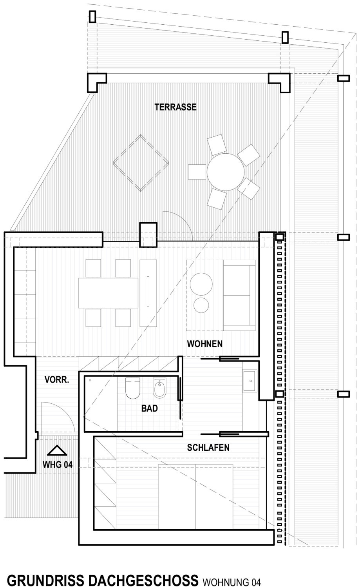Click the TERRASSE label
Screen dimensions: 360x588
175,107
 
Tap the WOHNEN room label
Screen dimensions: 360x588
204,344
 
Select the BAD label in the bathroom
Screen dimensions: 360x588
149,408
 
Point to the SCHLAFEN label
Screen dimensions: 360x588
208,447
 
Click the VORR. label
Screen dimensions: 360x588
57,379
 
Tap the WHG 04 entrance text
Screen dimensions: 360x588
58,465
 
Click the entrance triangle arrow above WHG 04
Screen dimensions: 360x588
57,450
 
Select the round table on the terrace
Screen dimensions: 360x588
225,172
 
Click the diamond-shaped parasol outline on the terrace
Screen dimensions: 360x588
141,163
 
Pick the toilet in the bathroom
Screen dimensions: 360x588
133,388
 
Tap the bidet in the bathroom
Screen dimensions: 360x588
159,388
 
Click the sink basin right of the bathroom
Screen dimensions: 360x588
250,380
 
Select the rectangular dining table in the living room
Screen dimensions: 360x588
108,293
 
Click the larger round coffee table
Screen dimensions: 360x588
201,284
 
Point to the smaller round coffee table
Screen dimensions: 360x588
201,305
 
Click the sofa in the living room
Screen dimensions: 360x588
239,295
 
